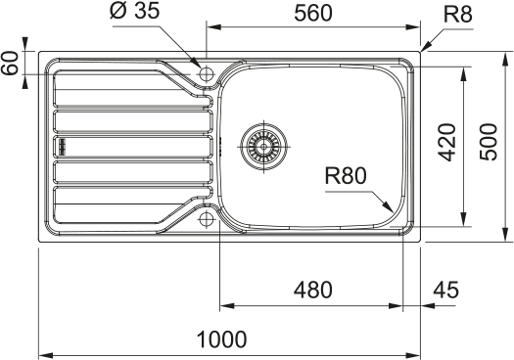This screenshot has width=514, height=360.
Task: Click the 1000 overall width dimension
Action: pos(221,339)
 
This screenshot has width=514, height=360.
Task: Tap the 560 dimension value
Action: pos(313,13)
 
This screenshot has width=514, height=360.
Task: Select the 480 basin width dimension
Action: pos(312,290)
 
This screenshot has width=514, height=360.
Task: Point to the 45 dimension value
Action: pos(445,290)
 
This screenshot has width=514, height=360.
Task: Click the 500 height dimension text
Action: pos(489,142)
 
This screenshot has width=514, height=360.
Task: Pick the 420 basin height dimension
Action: pos(447,142)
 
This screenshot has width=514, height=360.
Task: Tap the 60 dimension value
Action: pos(10,63)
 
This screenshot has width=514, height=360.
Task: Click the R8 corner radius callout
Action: pos(457,15)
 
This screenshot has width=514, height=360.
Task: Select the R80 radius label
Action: pos(346,175)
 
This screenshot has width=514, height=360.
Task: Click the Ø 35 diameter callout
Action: pos(135,10)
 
